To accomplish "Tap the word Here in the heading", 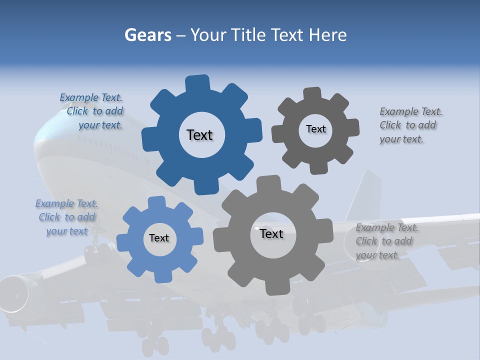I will tap(327, 35).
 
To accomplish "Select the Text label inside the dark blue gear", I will tap(200, 135).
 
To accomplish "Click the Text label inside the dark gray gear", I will tap(315, 129).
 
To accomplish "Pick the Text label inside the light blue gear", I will tap(159, 238).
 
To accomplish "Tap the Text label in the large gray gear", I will tap(271, 233).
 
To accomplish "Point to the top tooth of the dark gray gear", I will tap(313, 94).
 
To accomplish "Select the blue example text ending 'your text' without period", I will tap(66, 217).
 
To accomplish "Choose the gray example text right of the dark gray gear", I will tap(408, 125).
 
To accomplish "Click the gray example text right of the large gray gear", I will tap(384, 241).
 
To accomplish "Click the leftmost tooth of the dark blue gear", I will tap(149, 138).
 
